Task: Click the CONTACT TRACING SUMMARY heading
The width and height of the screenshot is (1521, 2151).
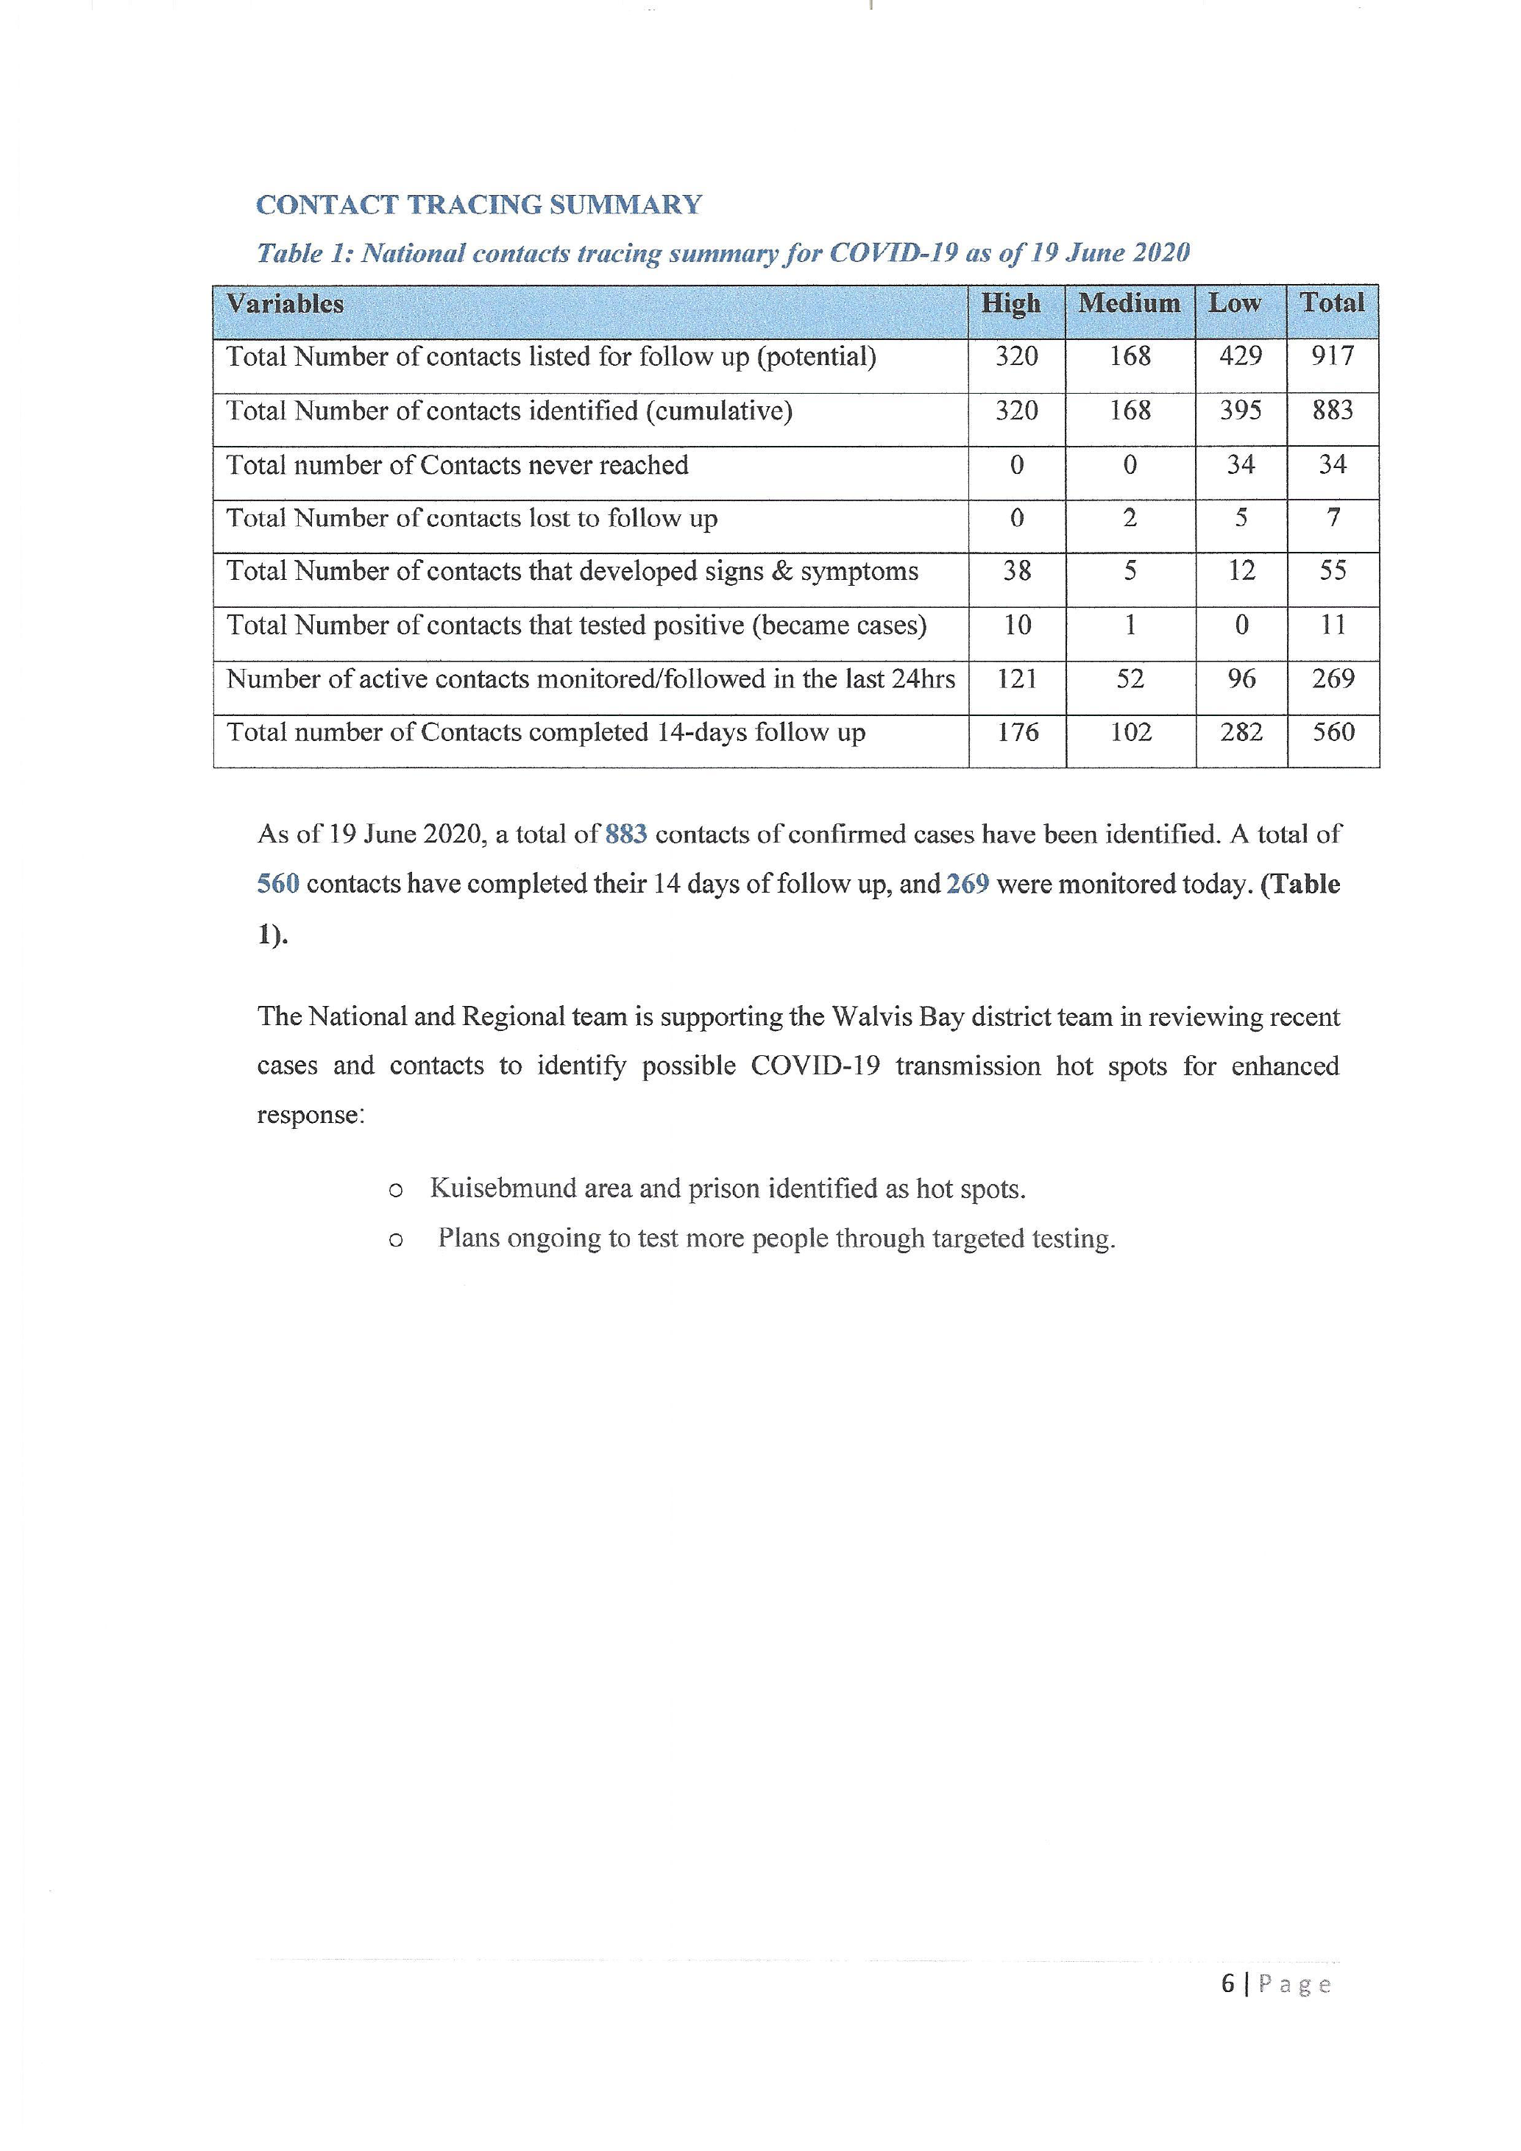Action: (x=478, y=205)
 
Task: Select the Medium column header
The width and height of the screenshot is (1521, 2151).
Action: (x=1129, y=303)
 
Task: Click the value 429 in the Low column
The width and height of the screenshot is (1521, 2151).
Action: (x=1240, y=357)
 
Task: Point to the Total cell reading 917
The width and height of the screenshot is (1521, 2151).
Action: (x=1332, y=357)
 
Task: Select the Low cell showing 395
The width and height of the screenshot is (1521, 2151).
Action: (x=1240, y=411)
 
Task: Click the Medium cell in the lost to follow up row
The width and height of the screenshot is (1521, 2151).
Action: (x=1130, y=519)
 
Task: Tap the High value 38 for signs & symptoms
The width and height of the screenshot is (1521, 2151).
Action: (x=1016, y=572)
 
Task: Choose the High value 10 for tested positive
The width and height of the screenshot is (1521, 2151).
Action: (x=1016, y=626)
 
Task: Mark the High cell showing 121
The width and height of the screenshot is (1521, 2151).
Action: (x=1016, y=679)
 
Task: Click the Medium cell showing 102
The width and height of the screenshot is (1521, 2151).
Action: (x=1130, y=733)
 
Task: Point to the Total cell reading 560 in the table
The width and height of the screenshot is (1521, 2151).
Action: (x=1332, y=733)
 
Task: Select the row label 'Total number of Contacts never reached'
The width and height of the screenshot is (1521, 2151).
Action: (x=457, y=466)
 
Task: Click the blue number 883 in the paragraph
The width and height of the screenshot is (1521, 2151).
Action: (x=625, y=834)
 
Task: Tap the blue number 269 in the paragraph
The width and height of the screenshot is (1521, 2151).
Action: (x=968, y=885)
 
